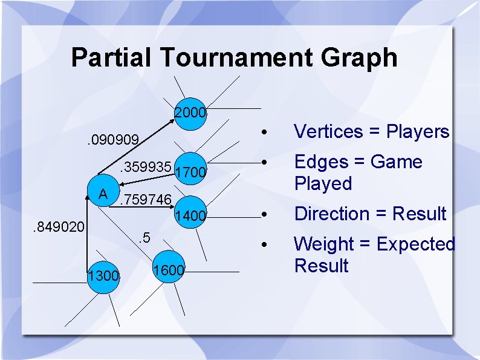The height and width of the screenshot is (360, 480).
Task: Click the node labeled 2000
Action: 191,114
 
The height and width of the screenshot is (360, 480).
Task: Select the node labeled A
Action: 103,194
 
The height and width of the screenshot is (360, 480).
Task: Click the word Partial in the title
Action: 112,58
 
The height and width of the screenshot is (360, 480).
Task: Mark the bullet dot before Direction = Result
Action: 263,215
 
